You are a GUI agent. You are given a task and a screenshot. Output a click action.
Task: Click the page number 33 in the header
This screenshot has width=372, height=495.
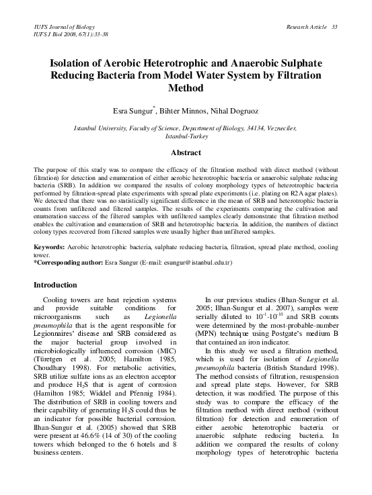pos(335,26)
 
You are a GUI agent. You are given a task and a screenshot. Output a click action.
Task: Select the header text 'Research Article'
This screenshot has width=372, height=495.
pos(307,26)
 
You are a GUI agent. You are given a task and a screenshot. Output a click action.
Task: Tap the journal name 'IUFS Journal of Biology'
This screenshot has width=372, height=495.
pos(62,26)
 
